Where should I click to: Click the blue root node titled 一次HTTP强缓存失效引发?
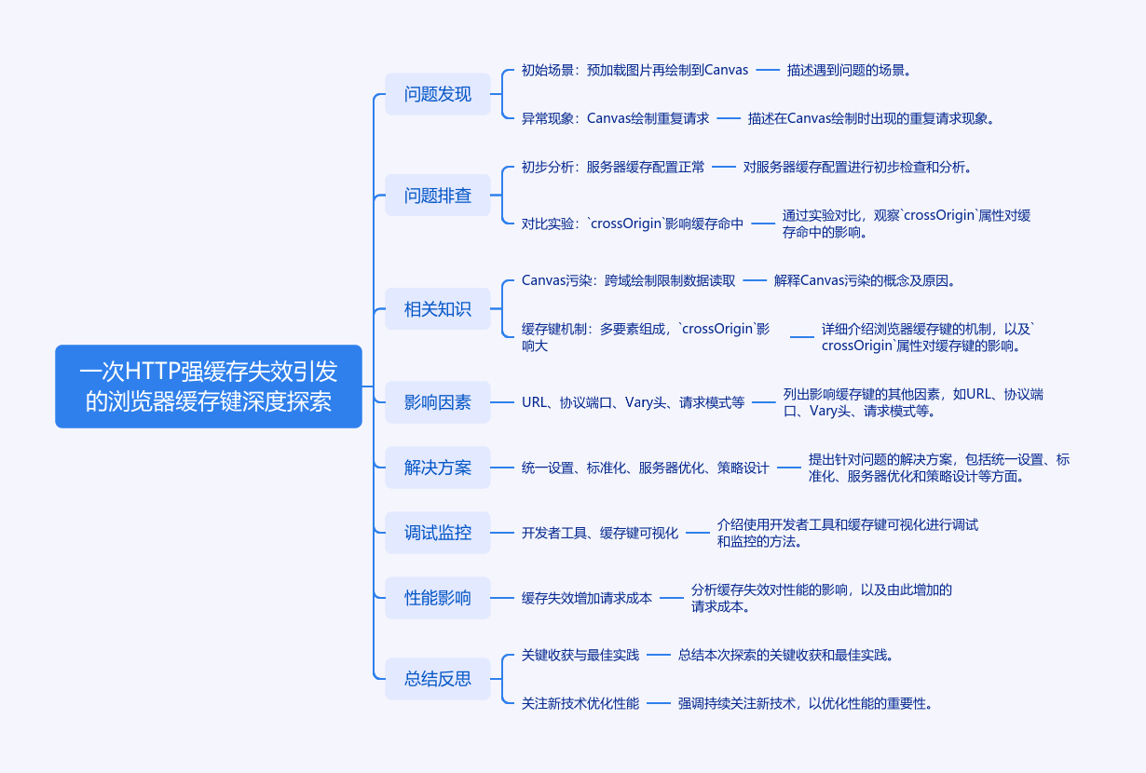pyautogui.click(x=208, y=386)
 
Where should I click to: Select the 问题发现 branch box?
pyautogui.click(x=437, y=94)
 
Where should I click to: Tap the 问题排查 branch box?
pyautogui.click(x=437, y=196)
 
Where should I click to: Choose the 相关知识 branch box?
pyautogui.click(x=437, y=309)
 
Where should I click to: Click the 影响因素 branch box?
pyautogui.click(x=437, y=402)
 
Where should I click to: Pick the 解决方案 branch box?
pyautogui.click(x=437, y=468)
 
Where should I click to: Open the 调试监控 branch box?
pyautogui.click(x=437, y=533)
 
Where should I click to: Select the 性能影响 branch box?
pyautogui.click(x=437, y=598)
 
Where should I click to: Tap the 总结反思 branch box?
pyautogui.click(x=437, y=678)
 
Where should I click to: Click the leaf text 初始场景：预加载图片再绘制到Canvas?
pyautogui.click(x=634, y=70)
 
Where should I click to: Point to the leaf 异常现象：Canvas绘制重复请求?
pyautogui.click(x=615, y=118)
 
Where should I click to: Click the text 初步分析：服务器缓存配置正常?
pyautogui.click(x=613, y=167)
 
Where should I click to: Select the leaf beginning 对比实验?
pyautogui.click(x=633, y=224)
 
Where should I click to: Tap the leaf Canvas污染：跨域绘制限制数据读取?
pyautogui.click(x=628, y=280)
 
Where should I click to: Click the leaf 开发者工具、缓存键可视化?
pyautogui.click(x=600, y=533)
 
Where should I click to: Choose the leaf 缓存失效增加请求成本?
pyautogui.click(x=587, y=598)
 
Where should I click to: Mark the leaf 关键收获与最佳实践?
pyautogui.click(x=580, y=655)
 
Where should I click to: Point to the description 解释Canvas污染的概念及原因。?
pyautogui.click(x=865, y=280)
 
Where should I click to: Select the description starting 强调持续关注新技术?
pyautogui.click(x=805, y=703)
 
